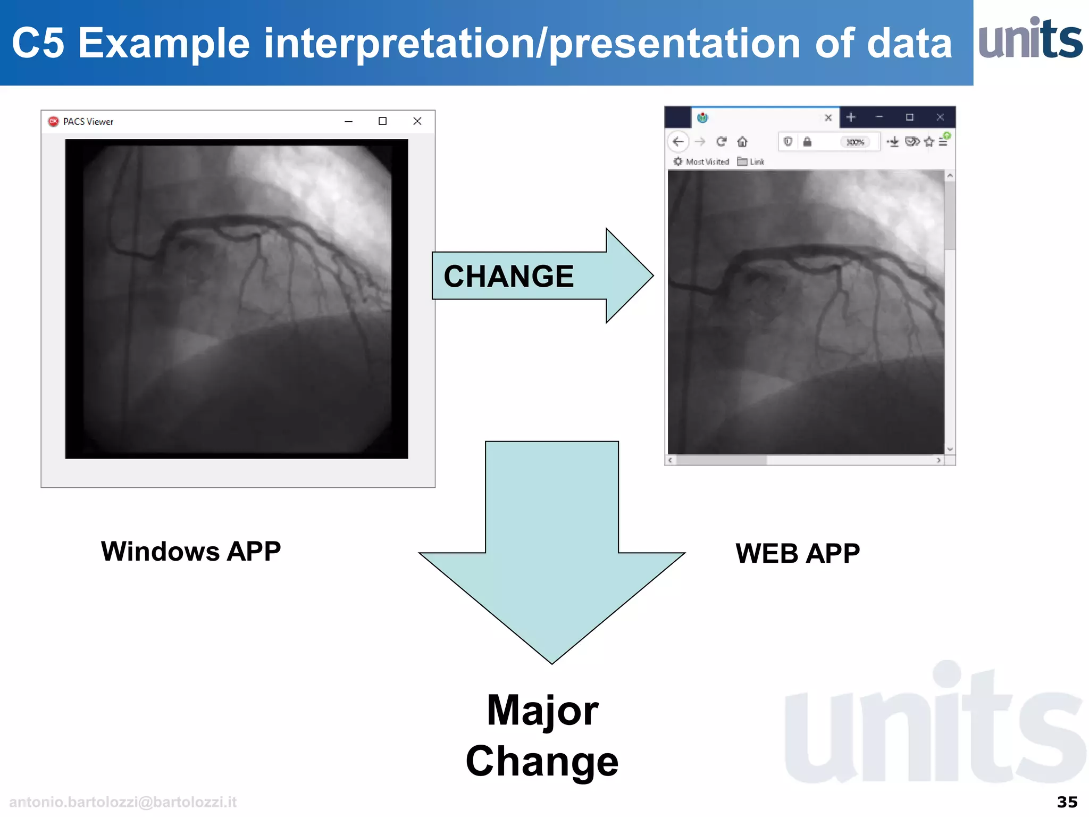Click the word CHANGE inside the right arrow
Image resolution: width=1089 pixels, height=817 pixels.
(x=508, y=277)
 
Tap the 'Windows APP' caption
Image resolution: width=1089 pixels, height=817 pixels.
(x=191, y=552)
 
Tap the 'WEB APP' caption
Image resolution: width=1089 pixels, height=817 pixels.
(x=797, y=554)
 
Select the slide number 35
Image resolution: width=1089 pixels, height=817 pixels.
(x=1067, y=802)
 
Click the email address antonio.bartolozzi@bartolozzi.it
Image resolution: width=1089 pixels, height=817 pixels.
(x=123, y=802)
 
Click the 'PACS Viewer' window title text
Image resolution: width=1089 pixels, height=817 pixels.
(x=88, y=122)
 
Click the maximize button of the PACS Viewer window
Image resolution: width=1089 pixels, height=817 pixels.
(x=382, y=121)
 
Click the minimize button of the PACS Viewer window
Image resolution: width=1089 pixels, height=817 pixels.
(x=348, y=122)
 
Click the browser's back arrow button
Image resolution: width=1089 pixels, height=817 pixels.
(x=678, y=141)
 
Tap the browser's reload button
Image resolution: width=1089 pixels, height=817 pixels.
(x=721, y=141)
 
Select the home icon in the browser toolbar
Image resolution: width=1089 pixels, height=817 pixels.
(x=742, y=141)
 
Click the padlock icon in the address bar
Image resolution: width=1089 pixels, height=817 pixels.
(x=807, y=141)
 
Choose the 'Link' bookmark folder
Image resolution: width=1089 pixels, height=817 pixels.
(x=751, y=162)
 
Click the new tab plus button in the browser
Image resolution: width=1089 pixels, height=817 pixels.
(x=851, y=117)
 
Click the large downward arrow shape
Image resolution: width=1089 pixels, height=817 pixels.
(x=552, y=553)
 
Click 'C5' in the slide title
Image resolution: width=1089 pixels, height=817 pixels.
(x=38, y=44)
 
